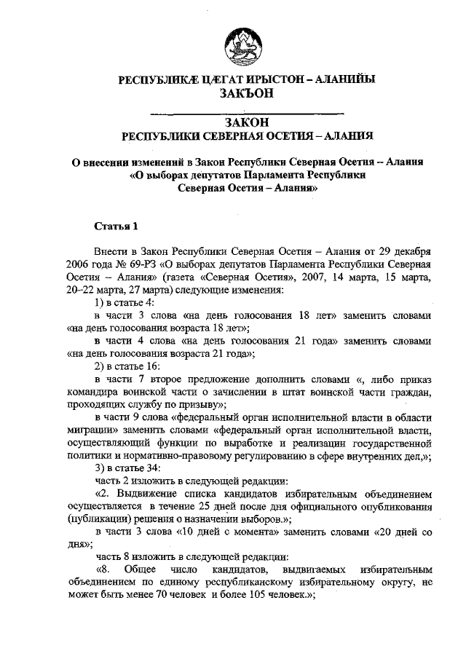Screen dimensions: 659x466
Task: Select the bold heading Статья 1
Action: click(115, 226)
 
